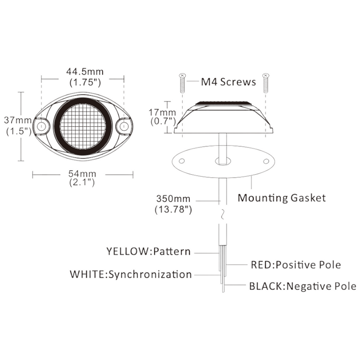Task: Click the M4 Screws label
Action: tap(223, 81)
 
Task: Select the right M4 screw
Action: tap(266, 84)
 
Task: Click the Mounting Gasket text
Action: tap(282, 197)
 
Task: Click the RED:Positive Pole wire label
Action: tap(295, 265)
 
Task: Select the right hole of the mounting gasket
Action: tap(265, 161)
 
